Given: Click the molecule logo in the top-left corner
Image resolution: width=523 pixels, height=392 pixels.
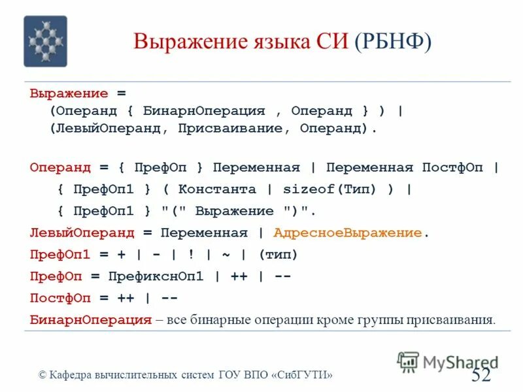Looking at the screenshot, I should [x=45, y=41].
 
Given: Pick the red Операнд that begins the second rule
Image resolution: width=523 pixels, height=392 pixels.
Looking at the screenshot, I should [x=60, y=167].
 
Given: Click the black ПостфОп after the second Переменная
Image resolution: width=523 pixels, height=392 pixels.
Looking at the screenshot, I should [x=452, y=167].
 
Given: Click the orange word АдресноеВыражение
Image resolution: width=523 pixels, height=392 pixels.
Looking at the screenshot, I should [x=348, y=233].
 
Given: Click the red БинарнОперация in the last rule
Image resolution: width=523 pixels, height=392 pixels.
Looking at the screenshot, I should [x=90, y=319].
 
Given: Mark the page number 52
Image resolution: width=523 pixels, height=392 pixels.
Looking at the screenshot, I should [x=481, y=374].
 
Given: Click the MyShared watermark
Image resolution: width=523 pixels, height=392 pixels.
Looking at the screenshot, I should [x=448, y=361].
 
